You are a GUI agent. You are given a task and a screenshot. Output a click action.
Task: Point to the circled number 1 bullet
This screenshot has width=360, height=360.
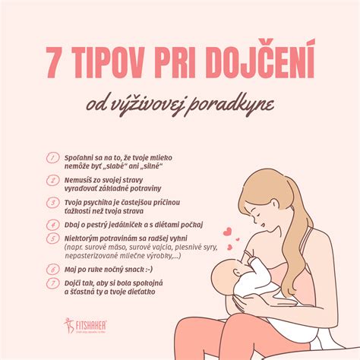point(52,158)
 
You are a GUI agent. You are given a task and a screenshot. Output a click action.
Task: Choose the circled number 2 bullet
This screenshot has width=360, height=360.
point(52,181)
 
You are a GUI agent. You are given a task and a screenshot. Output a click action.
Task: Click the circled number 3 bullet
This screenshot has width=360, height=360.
point(52,203)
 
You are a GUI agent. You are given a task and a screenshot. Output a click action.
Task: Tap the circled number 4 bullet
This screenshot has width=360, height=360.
point(52,225)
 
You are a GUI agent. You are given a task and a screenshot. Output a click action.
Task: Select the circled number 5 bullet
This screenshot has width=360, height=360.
point(52,238)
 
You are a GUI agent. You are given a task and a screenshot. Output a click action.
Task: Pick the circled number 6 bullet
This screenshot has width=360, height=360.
point(52,269)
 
